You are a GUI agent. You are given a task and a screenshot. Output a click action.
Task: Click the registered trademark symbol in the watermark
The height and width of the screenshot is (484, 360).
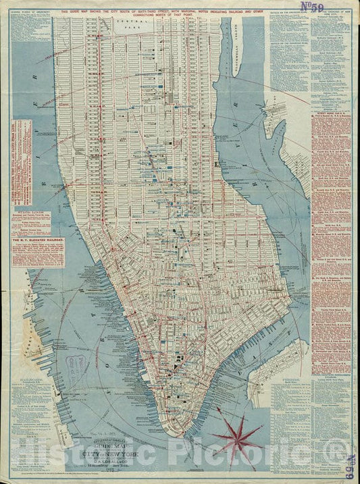(x=337, y=466)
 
